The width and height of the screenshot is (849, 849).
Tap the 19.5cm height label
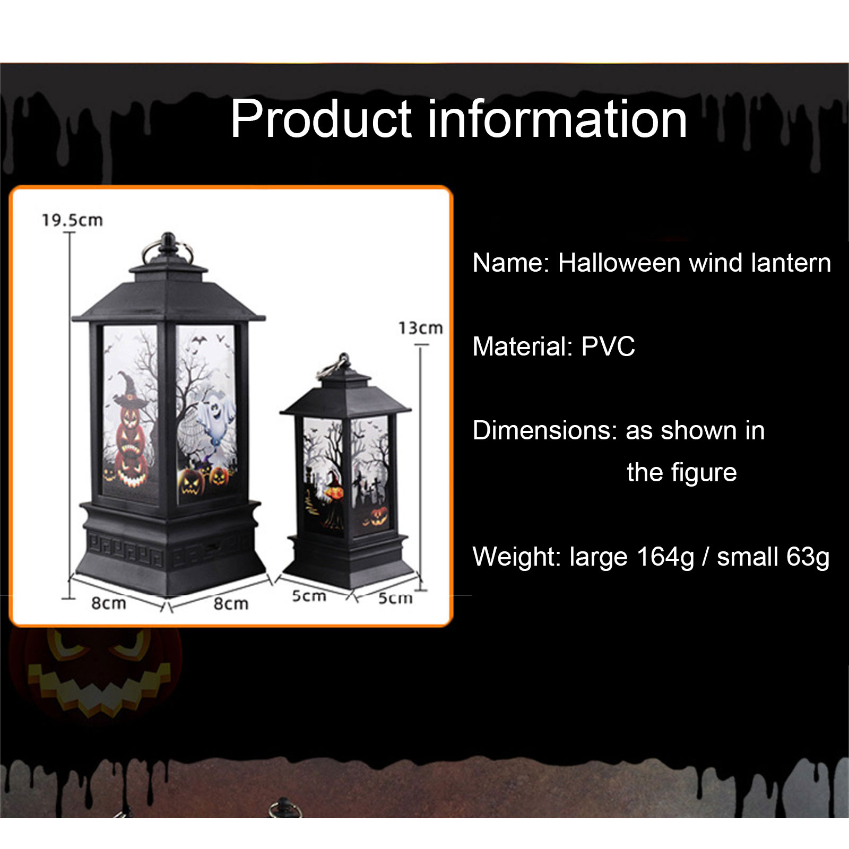point(72,220)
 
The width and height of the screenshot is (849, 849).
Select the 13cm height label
point(421,328)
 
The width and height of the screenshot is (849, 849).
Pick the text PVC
point(608,346)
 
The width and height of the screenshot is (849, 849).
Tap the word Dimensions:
point(545,430)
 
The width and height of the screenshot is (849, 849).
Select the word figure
point(704,473)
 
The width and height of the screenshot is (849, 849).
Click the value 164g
point(665,557)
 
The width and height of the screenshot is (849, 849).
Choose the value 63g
point(808,557)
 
